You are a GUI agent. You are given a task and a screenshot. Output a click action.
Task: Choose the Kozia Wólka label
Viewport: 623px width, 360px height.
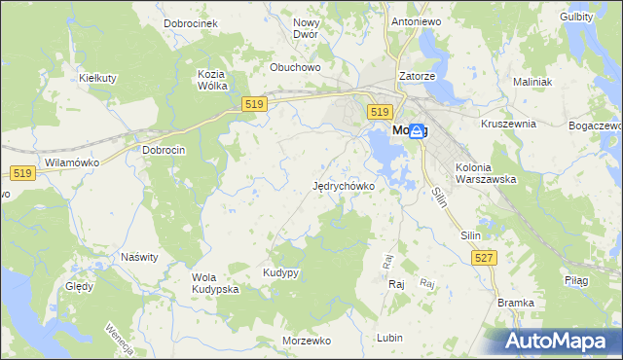(212, 80)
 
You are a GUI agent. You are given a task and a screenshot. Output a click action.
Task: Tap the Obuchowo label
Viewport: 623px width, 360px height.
(295, 68)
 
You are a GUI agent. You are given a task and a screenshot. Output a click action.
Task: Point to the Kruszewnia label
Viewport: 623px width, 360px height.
(509, 125)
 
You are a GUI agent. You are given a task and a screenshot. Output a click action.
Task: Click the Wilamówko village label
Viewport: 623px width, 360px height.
(67, 163)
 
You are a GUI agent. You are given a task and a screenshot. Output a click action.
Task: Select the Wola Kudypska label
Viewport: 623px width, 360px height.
(215, 283)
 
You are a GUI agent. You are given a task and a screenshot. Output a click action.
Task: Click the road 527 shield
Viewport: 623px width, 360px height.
(484, 257)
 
